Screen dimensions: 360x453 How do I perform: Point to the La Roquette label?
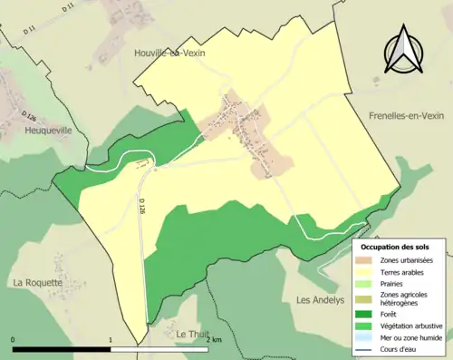37,282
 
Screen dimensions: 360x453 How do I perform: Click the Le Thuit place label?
193,334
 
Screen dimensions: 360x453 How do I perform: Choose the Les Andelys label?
323,299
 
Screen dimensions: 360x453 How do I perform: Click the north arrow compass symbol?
403,52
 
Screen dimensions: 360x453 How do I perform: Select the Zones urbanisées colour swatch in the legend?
368,260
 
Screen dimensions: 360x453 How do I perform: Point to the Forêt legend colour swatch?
368,315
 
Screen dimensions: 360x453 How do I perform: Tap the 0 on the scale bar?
13,340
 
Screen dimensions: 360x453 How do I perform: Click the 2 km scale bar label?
214,340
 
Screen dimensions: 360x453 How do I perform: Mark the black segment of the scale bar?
62,349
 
